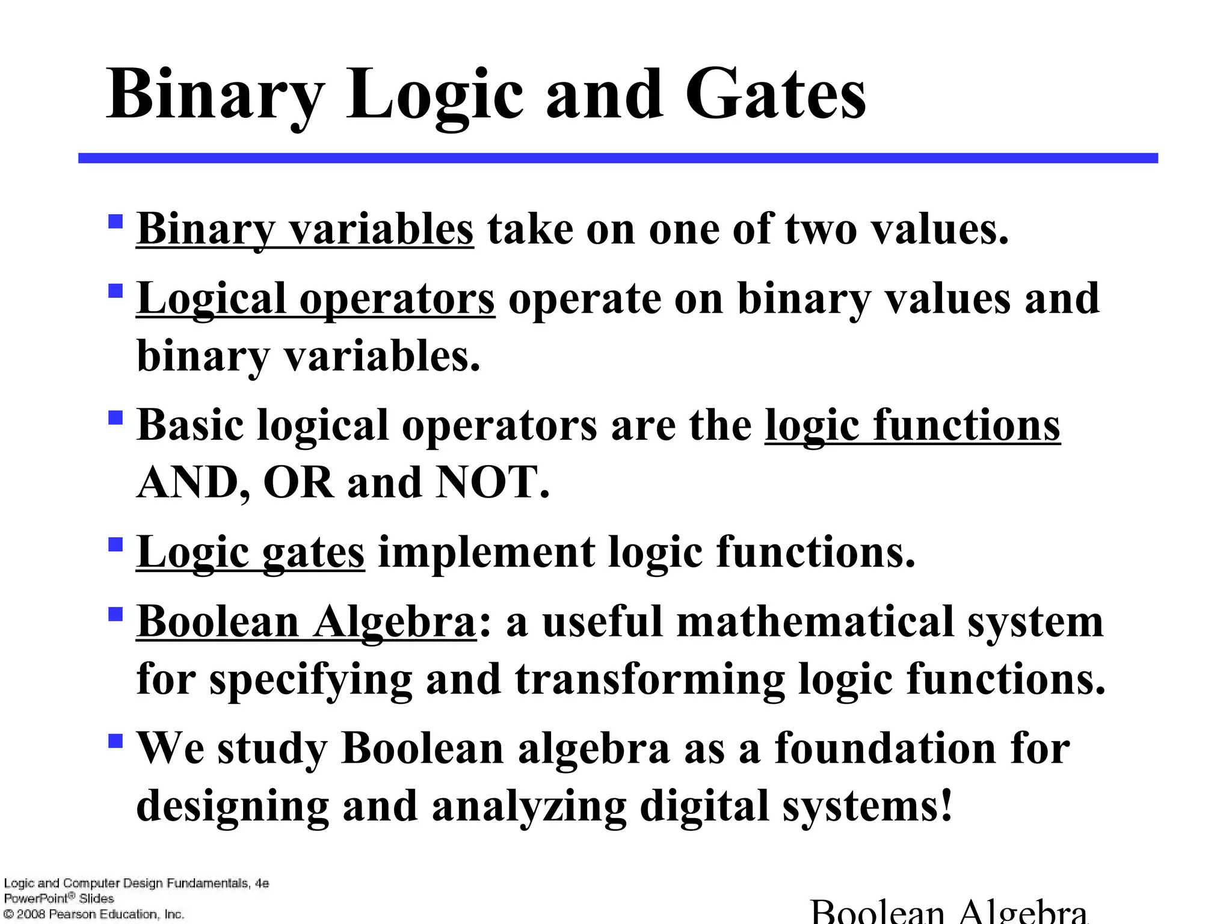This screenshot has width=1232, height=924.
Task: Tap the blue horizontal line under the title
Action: click(618, 158)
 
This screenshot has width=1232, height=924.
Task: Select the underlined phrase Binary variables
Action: click(305, 229)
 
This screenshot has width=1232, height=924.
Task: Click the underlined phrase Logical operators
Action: click(316, 298)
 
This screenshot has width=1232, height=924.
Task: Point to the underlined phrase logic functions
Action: click(912, 425)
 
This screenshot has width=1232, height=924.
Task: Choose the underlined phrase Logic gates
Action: click(250, 552)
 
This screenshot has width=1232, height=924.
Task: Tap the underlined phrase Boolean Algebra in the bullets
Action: click(306, 621)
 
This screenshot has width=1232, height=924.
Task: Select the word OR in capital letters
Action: click(298, 482)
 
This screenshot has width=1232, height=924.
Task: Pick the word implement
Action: click(485, 552)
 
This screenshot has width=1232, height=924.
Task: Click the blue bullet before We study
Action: click(115, 739)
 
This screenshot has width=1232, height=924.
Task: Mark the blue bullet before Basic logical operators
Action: click(115, 417)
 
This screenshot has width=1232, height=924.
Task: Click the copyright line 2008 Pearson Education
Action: click(94, 914)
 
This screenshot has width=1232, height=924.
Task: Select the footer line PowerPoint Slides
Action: click(59, 899)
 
